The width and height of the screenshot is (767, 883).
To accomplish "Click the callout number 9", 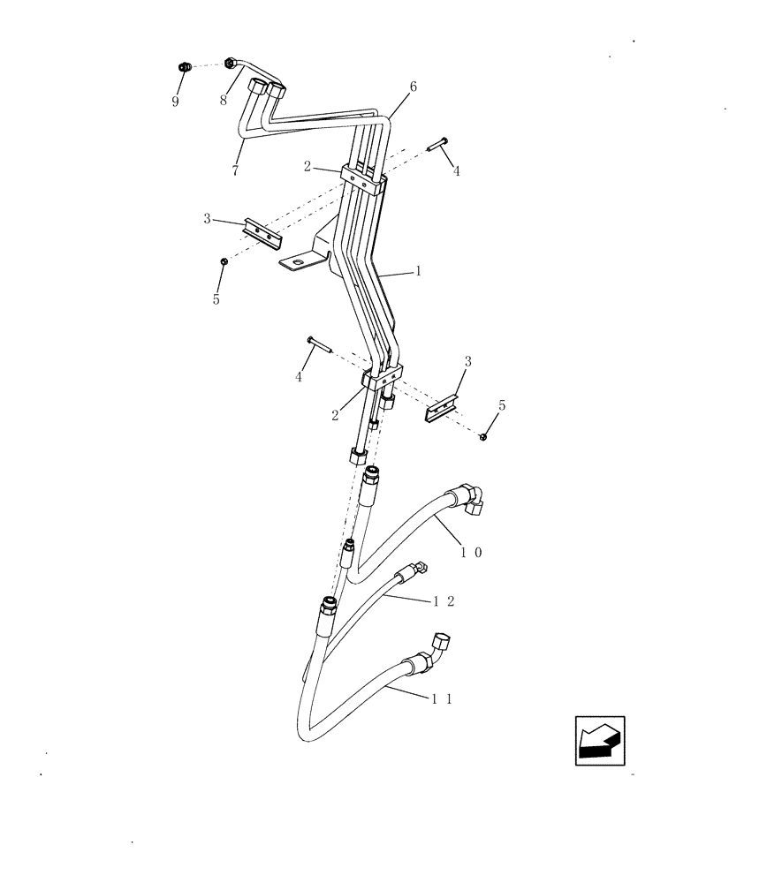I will click(x=175, y=102).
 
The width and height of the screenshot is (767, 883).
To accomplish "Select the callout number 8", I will click(x=224, y=100).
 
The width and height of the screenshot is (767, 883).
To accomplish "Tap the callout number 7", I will click(x=235, y=171).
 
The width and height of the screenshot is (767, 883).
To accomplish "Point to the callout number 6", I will click(x=413, y=87).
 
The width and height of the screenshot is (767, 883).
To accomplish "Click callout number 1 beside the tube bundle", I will click(x=418, y=272).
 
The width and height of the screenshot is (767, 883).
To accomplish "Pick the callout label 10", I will click(x=471, y=552).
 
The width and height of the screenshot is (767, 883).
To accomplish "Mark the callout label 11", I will click(x=443, y=698).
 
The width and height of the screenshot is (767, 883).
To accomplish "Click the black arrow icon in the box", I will click(x=600, y=741).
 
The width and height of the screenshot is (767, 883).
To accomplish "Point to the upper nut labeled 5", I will click(x=224, y=261).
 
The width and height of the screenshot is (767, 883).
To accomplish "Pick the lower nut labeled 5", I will click(x=483, y=436).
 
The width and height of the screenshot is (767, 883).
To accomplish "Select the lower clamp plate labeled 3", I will click(x=442, y=408).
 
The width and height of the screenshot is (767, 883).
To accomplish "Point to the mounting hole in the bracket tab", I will click(x=300, y=260).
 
